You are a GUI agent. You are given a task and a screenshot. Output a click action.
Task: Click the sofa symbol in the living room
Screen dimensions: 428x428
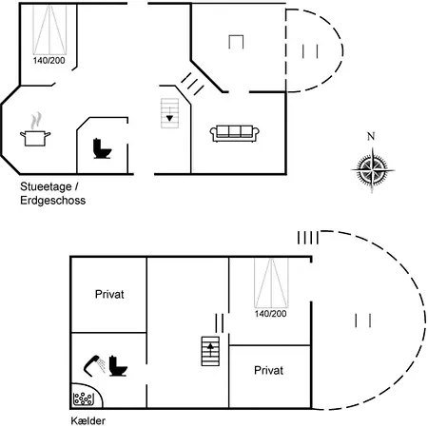coord(235,133)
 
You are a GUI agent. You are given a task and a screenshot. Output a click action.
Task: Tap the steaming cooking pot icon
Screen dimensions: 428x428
coord(35,129)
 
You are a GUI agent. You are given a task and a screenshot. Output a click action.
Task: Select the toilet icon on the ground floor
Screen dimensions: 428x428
coord(102,148)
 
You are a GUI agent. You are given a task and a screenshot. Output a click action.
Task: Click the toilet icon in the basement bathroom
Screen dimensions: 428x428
coord(118,366)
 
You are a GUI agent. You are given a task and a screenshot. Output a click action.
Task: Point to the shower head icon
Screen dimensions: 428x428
coord(94,365)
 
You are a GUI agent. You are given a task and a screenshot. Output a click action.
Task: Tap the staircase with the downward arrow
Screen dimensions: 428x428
coord(169,113)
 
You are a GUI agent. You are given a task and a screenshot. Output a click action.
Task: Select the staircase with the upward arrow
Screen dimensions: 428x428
coord(210,351)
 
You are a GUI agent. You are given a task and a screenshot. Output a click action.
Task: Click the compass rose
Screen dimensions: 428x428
coord(372,170)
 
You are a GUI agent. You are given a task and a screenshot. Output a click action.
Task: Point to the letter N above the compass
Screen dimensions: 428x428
coord(371,136)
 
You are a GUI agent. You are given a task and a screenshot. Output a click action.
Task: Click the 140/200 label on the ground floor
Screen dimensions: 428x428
coord(49,60)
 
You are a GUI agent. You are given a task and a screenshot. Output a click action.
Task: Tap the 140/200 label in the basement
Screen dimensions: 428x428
coord(270,314)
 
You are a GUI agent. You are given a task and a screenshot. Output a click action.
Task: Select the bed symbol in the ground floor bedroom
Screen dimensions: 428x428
coord(49,29)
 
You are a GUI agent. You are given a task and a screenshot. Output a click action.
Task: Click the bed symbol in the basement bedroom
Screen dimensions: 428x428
coord(271,282)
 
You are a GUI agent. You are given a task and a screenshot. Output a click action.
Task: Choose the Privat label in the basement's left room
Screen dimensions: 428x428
coord(109,294)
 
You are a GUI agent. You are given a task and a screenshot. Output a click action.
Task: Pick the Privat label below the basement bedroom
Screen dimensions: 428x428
coord(268,370)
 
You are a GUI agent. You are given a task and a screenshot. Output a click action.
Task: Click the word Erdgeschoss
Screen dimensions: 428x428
coord(53,201)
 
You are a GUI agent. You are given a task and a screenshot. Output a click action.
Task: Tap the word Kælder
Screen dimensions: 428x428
coord(88,420)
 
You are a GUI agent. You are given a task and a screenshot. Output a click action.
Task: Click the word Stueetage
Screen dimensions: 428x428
coord(46,186)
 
